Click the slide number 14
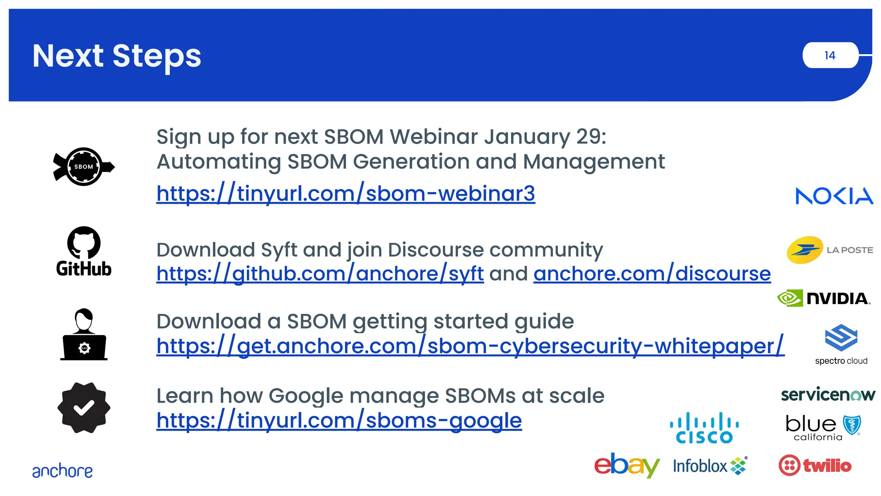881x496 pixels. (x=830, y=56)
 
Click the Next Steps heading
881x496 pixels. (x=117, y=56)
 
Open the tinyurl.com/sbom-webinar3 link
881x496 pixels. (x=345, y=194)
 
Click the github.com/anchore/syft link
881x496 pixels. (x=320, y=274)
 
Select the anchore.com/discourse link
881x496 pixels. (x=652, y=274)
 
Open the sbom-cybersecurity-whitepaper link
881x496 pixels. (x=470, y=346)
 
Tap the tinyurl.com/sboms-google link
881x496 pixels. (x=339, y=421)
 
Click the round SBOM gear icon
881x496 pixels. (x=84, y=167)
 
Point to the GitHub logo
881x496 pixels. (x=84, y=251)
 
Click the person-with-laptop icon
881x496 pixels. (x=84, y=335)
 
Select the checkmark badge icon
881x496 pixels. (x=84, y=408)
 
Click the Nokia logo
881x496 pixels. (x=834, y=196)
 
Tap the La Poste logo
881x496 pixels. (x=829, y=250)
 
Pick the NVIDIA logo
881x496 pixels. (x=824, y=298)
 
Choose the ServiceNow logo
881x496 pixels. (x=828, y=394)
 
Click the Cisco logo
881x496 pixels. (x=704, y=428)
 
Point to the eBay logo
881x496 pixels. (x=627, y=465)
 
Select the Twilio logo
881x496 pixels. (x=815, y=465)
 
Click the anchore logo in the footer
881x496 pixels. (x=62, y=471)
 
